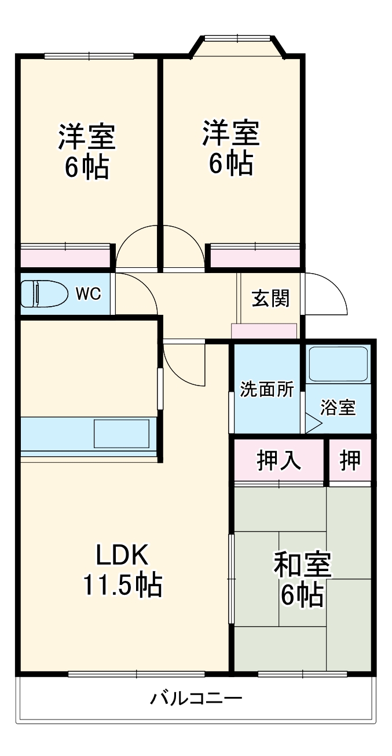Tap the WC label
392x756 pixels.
click(88, 294)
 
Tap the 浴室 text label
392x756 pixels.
click(339, 408)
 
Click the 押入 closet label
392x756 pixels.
click(279, 460)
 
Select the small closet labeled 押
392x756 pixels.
click(350, 460)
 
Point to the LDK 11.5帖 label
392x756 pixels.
click(122, 570)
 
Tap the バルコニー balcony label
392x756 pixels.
click(196, 697)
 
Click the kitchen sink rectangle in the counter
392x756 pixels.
click(122, 433)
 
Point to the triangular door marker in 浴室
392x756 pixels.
click(313, 425)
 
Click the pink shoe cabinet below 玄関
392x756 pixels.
click(264, 332)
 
